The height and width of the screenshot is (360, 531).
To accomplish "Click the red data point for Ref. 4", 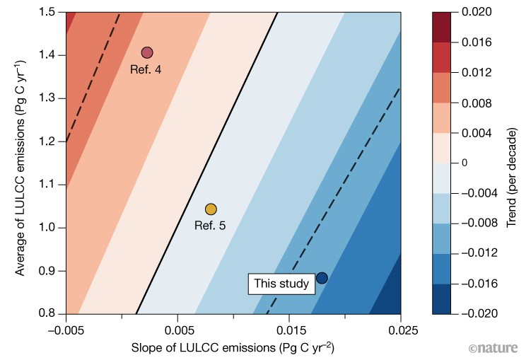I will click(147, 52).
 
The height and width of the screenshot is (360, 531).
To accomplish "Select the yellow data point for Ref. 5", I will click(211, 209).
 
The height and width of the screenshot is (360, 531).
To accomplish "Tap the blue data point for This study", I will click(322, 278).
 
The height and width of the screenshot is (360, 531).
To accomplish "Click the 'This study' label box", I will click(281, 284).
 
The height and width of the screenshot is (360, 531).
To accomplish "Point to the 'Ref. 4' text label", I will click(146, 69).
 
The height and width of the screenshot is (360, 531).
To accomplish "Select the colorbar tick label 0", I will click(465, 163).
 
